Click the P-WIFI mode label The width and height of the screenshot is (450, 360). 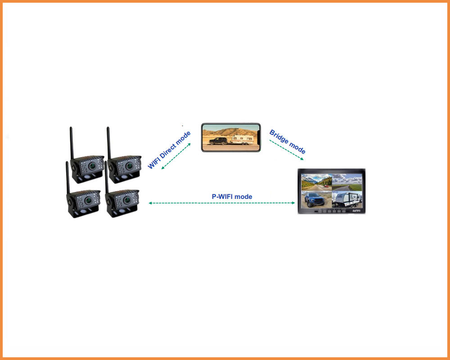coord(232,197)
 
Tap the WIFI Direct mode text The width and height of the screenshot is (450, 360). coord(169,150)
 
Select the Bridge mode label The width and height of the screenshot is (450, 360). coord(287,142)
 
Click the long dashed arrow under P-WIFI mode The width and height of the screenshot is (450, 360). coord(221,203)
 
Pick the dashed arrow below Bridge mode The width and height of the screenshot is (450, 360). coord(286,150)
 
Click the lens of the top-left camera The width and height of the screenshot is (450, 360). coord(92,166)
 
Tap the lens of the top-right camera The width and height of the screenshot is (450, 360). coord(129,166)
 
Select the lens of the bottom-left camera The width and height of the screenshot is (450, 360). coord(88,200)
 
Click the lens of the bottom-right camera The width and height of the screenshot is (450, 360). coord(126,200)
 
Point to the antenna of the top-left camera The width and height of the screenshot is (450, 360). coord(72,143)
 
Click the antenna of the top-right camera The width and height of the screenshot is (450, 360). coord(109,143)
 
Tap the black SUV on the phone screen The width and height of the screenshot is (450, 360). coord(218,141)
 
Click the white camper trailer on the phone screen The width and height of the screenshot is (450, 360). coord(242,139)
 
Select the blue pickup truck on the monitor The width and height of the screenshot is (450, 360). coord(314,199)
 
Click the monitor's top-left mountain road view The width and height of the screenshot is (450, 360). coord(316,182)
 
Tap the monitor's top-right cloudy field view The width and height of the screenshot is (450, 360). coord(347,182)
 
